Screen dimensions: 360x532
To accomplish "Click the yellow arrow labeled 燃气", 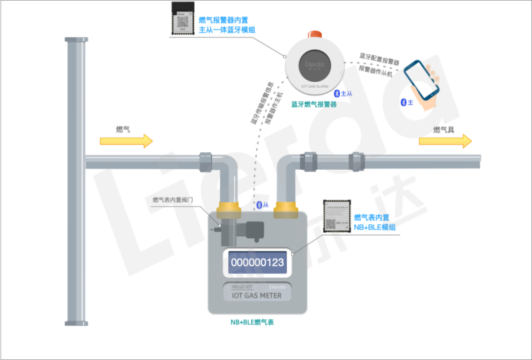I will point(126,140).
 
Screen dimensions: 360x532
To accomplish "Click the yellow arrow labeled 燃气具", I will point(445,140).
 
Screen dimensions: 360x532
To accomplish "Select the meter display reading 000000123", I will point(257,262).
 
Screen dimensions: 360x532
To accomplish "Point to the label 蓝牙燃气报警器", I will point(314,104).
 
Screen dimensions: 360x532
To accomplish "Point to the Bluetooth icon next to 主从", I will point(336,93).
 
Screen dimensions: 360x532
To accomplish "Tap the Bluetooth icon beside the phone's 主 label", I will point(403,102).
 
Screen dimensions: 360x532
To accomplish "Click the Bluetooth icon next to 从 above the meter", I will point(259,204).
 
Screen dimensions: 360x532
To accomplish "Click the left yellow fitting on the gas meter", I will point(227,207).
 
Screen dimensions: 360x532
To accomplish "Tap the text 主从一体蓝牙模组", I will point(227,30).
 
